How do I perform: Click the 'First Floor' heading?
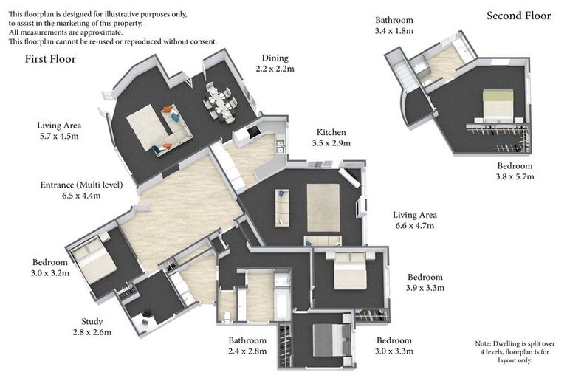pyautogui.click(x=50, y=59)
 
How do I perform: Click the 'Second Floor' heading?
pyautogui.click(x=518, y=16)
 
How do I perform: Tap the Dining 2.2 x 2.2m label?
pyautogui.click(x=275, y=63)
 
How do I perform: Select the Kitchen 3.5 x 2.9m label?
pyautogui.click(x=331, y=137)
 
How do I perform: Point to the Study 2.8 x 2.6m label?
pyautogui.click(x=92, y=326)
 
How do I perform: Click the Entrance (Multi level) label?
pyautogui.click(x=81, y=190)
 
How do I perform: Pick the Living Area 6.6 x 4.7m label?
pyautogui.click(x=415, y=220)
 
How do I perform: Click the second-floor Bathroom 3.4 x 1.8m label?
pyautogui.click(x=394, y=25)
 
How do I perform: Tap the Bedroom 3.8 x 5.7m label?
pyautogui.click(x=515, y=171)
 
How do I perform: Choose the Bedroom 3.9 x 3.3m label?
pyautogui.click(x=425, y=283)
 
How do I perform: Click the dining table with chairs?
pyautogui.click(x=220, y=101)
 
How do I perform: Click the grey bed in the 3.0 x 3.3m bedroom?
pyautogui.click(x=331, y=340)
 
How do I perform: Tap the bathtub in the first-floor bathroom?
pyautogui.click(x=282, y=297)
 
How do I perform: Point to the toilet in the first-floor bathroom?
pyautogui.click(x=227, y=316)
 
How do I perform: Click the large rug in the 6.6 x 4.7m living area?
pyautogui.click(x=323, y=207)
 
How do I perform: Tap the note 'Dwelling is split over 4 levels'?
pyautogui.click(x=515, y=351)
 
